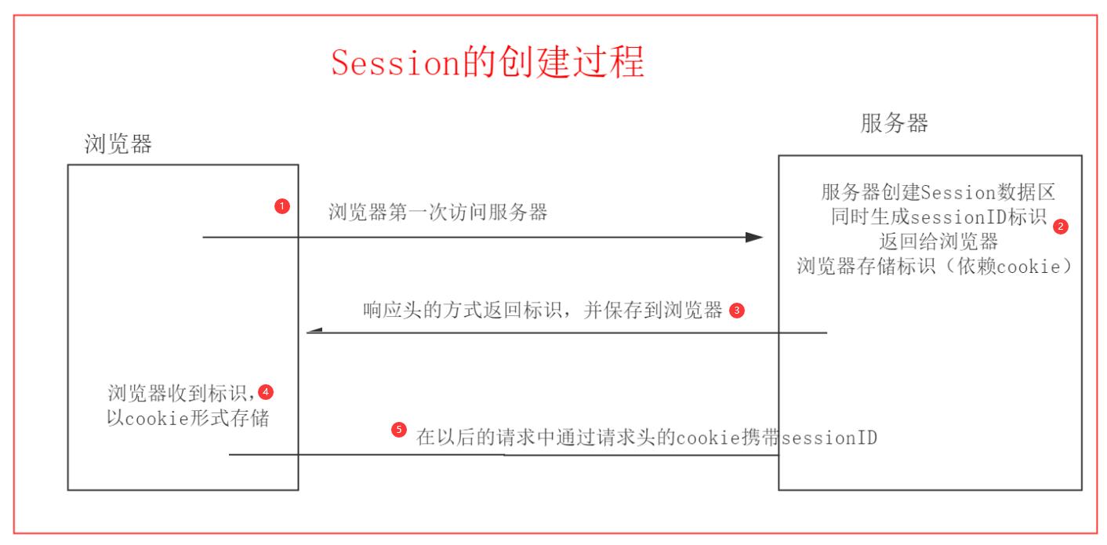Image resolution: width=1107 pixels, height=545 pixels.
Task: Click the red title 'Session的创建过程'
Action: click(x=487, y=62)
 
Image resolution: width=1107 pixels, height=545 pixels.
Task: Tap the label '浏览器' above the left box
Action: click(x=118, y=143)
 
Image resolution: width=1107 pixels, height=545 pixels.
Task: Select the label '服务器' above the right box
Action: click(x=894, y=123)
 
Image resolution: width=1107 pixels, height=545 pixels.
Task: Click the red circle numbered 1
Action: click(x=282, y=207)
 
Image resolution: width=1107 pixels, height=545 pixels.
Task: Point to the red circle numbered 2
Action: click(x=1060, y=226)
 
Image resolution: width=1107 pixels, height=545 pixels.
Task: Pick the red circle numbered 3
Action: click(x=735, y=311)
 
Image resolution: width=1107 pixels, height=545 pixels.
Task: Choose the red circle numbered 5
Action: click(x=398, y=430)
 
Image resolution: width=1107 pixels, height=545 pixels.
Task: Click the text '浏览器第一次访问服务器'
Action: click(x=437, y=213)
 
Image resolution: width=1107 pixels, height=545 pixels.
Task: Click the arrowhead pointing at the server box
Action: click(x=754, y=237)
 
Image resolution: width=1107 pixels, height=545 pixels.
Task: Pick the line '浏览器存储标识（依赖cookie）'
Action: click(x=934, y=264)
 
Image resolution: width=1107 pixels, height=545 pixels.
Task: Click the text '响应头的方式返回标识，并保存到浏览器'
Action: click(x=543, y=311)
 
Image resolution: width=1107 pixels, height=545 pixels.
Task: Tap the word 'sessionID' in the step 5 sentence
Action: click(x=829, y=438)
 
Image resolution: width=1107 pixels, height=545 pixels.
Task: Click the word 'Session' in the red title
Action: click(x=394, y=62)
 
